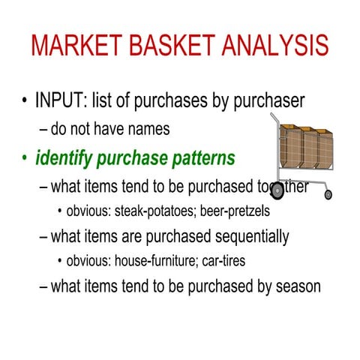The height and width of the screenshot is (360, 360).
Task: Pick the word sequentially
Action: pos(241,238)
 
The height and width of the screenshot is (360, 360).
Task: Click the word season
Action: pos(298,286)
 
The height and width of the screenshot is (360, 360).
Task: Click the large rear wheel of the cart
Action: pos(278,190)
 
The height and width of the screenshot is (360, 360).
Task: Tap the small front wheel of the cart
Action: pos(328,195)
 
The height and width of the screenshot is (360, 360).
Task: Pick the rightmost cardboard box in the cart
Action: pos(323,148)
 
